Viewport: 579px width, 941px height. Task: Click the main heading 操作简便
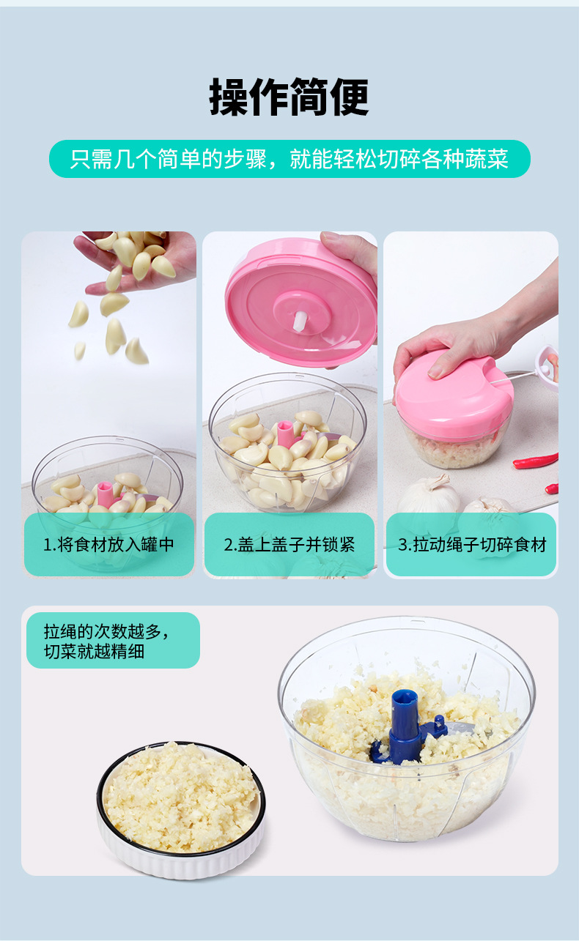(x=289, y=97)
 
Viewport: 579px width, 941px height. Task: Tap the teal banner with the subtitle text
(x=289, y=159)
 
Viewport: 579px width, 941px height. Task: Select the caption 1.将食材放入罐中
(x=109, y=545)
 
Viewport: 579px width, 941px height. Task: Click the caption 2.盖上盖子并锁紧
(x=289, y=545)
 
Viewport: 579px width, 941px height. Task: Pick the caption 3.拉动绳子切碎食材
(x=471, y=545)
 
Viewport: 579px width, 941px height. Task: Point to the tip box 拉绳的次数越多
(x=113, y=640)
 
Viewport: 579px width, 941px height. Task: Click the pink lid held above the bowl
(x=300, y=300)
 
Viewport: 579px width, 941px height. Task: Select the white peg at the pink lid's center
(x=300, y=320)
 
